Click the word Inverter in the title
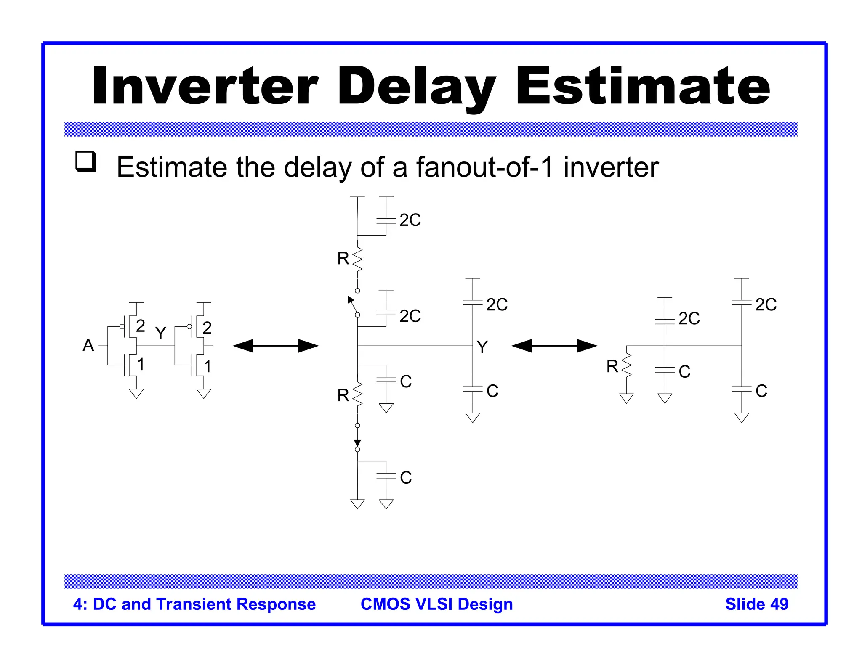pos(205,86)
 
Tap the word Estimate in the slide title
pos(643,86)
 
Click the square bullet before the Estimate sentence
pos(86,161)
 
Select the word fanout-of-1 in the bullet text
pos(484,167)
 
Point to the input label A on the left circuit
pos(88,345)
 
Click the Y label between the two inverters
pos(160,333)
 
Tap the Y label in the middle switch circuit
pos(482,347)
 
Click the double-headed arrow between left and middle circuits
pos(276,346)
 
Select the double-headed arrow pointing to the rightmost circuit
pos(554,346)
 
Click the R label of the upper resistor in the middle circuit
pos(343,259)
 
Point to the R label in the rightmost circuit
pos(612,367)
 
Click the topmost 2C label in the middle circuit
pos(410,220)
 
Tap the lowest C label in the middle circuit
pos(406,478)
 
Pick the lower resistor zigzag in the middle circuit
pos(357,394)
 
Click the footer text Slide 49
pos(756,604)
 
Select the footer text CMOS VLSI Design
pos(436,604)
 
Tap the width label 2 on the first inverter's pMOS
pos(141,326)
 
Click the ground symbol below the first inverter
pos(136,393)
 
